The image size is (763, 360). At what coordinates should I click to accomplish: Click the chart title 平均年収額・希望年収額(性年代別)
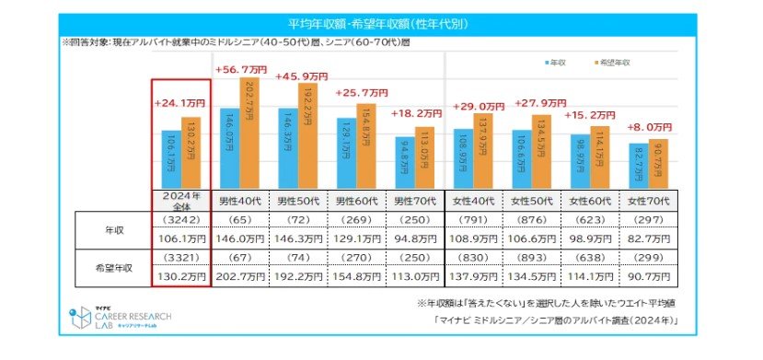point(380,22)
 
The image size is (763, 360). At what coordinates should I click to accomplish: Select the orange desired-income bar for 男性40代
point(249,134)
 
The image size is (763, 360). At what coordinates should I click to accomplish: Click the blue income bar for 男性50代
point(287,147)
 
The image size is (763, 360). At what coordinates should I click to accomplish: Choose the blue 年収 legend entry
point(555,62)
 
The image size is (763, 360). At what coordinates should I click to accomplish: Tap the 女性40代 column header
point(474,200)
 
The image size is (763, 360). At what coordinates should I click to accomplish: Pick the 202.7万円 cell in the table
point(240,285)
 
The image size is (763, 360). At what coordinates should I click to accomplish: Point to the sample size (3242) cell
point(181,221)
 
